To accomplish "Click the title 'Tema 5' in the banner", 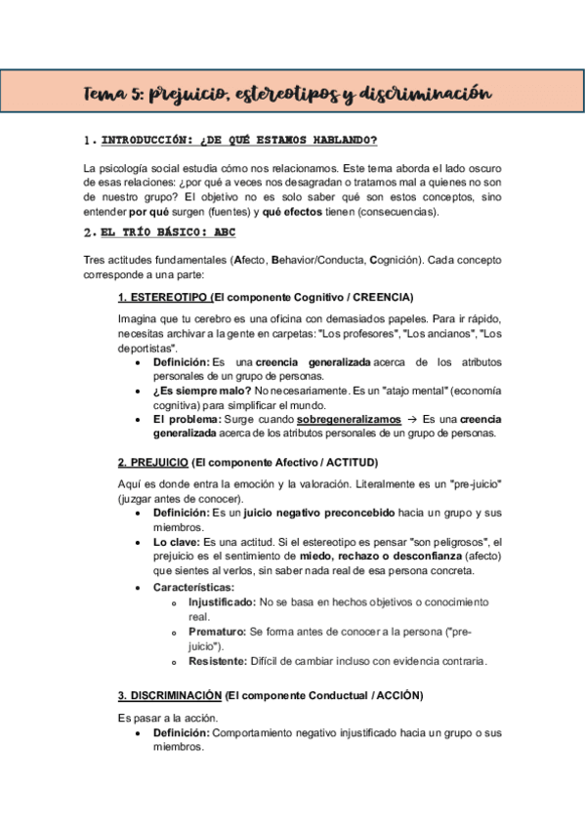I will [112, 95].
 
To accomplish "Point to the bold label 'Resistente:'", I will [220, 661].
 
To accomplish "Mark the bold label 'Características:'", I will [193, 587].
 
